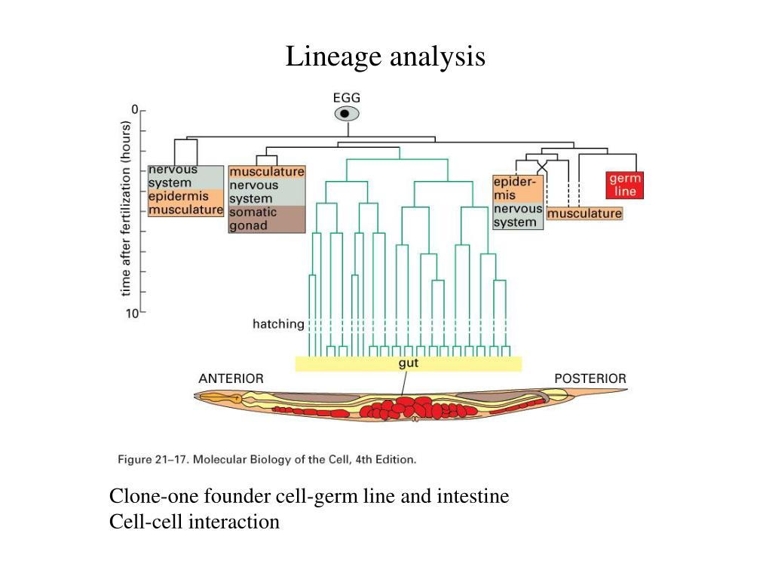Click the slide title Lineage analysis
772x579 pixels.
click(x=385, y=57)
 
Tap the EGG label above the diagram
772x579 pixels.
click(x=347, y=97)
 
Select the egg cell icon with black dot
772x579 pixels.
click(x=347, y=114)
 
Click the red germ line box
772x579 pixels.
click(x=625, y=185)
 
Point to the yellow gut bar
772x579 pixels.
click(x=408, y=363)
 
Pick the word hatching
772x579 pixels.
click(x=278, y=324)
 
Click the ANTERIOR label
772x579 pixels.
click(x=231, y=378)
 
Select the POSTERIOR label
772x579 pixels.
click(x=590, y=378)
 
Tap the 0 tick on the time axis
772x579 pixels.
click(x=135, y=110)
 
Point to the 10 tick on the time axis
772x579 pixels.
click(x=132, y=313)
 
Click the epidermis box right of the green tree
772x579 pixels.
click(x=516, y=188)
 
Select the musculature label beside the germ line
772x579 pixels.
click(x=585, y=213)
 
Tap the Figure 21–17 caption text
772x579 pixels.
click(x=267, y=458)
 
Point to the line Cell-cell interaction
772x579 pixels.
click(x=195, y=521)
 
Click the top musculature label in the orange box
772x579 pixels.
click(x=267, y=172)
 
